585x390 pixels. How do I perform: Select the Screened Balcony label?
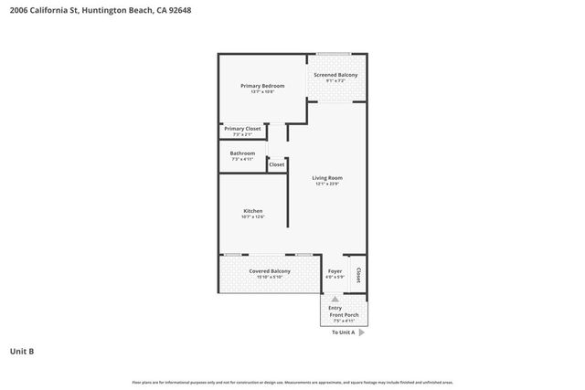click(335, 75)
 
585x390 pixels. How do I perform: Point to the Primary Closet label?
click(242, 129)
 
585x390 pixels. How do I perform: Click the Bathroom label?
click(242, 153)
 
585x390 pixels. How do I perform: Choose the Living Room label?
click(327, 177)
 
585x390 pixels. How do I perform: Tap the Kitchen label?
click(252, 211)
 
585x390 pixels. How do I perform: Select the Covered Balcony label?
click(270, 271)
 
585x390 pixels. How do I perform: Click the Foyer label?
click(335, 271)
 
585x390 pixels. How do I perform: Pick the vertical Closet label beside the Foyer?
click(358, 274)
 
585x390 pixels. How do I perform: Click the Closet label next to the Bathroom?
click(276, 164)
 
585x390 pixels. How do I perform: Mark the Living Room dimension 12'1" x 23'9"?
click(327, 184)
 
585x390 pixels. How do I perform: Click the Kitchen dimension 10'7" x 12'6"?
click(252, 217)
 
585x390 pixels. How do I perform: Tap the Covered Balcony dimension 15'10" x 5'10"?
click(270, 278)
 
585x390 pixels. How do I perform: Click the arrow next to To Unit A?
click(362, 332)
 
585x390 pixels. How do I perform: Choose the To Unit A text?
click(343, 332)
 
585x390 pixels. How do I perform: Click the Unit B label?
click(22, 351)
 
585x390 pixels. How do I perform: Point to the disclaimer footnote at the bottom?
click(292, 382)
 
